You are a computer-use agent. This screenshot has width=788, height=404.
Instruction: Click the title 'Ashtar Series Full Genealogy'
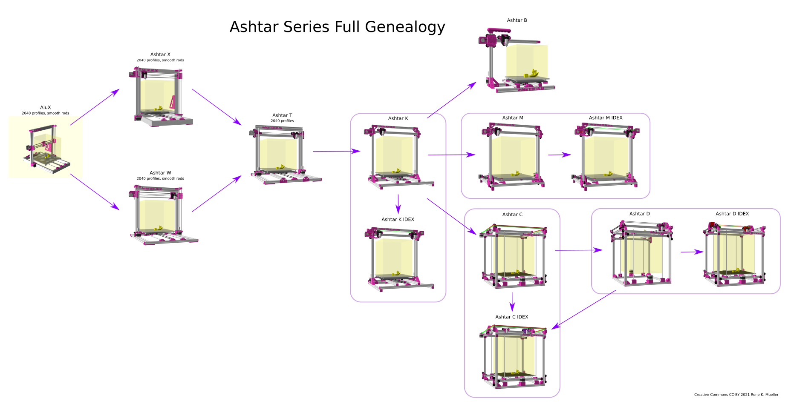337,27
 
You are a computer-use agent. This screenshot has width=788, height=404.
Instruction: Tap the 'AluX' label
46,107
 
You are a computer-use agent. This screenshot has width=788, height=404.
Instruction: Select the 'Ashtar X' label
160,54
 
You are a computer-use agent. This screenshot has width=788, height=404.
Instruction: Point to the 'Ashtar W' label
160,173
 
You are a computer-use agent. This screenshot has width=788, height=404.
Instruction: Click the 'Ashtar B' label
517,20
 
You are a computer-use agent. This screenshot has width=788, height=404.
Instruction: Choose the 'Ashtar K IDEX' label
398,220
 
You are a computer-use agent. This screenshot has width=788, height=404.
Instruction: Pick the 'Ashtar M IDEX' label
606,118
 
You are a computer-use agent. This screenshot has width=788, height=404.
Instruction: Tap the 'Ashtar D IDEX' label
732,214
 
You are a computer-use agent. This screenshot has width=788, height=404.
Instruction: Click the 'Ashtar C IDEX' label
511,317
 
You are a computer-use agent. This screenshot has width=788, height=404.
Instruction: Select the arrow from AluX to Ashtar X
95,107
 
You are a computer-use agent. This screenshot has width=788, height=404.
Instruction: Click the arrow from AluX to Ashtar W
95,192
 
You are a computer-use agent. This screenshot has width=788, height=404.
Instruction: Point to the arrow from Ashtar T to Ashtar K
337,151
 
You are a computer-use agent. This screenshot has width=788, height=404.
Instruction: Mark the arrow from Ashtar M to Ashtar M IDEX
559,155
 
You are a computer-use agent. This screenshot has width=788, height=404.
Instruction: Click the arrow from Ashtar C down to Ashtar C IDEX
512,301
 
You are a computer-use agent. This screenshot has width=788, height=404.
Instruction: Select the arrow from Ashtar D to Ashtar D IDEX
692,252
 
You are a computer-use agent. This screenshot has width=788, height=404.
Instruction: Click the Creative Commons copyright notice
736,395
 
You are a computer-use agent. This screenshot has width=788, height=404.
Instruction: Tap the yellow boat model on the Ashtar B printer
534,73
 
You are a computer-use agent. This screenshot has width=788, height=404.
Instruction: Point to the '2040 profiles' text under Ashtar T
282,121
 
